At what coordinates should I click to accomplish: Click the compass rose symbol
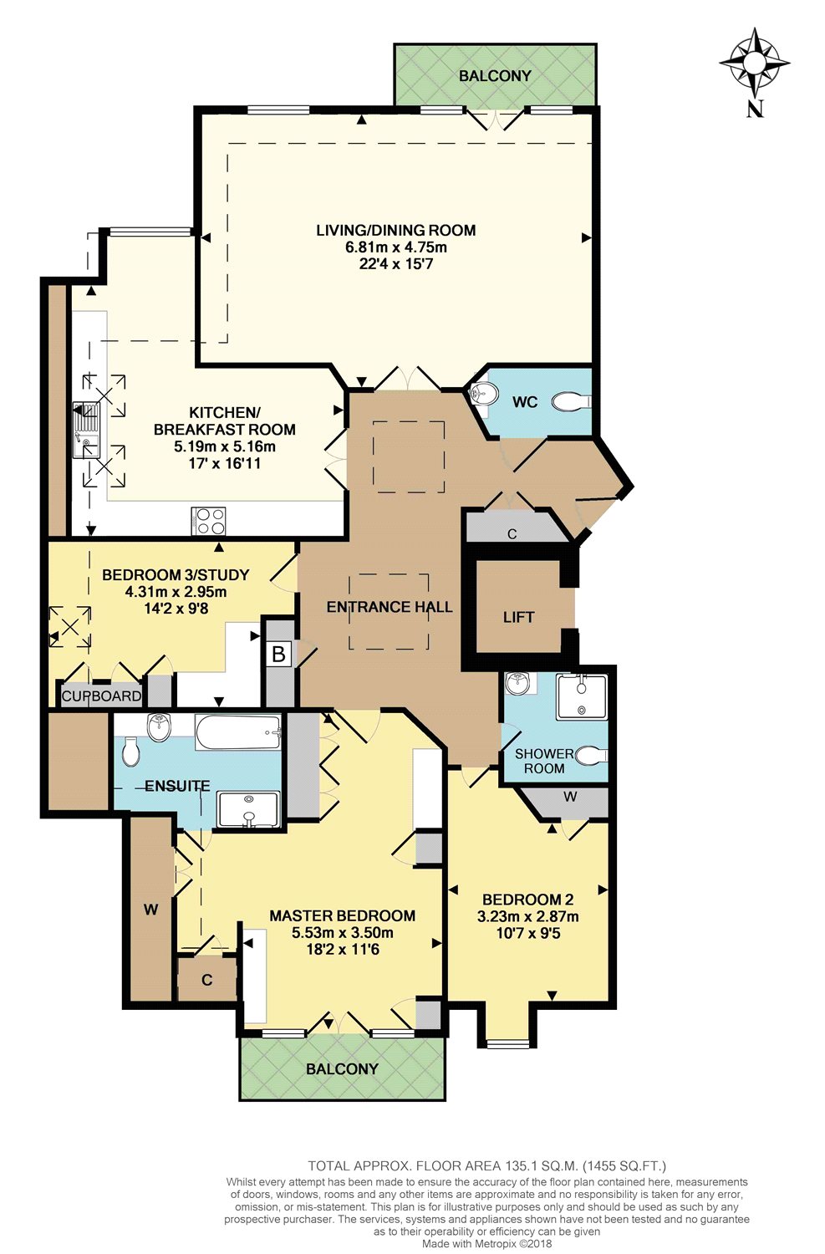[x=754, y=61]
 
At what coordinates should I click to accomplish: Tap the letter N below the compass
[x=755, y=109]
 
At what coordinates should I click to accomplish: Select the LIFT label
[x=518, y=618]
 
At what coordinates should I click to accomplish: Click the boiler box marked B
[x=278, y=654]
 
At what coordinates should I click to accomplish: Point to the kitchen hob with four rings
[x=208, y=521]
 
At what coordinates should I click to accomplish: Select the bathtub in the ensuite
[x=238, y=733]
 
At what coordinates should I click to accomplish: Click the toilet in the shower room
[x=591, y=755]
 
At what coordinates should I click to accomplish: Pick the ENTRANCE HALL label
[x=390, y=607]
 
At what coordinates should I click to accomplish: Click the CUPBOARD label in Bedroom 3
[x=101, y=696]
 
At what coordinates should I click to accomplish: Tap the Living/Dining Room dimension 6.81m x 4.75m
[x=396, y=247]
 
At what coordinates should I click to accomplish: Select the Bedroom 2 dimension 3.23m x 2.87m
[x=527, y=916]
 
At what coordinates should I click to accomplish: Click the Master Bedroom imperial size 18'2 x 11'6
[x=343, y=948]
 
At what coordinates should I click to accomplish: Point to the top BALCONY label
[x=495, y=75]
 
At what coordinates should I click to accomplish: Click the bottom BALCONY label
[x=343, y=1068]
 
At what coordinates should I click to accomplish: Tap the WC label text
[x=525, y=401]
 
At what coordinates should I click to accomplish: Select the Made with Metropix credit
[x=487, y=1244]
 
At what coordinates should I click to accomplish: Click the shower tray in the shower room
[x=582, y=696]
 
